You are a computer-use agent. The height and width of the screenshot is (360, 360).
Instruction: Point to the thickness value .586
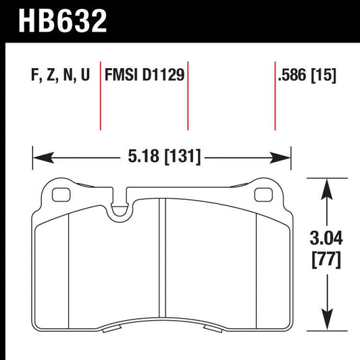click(x=293, y=73)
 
